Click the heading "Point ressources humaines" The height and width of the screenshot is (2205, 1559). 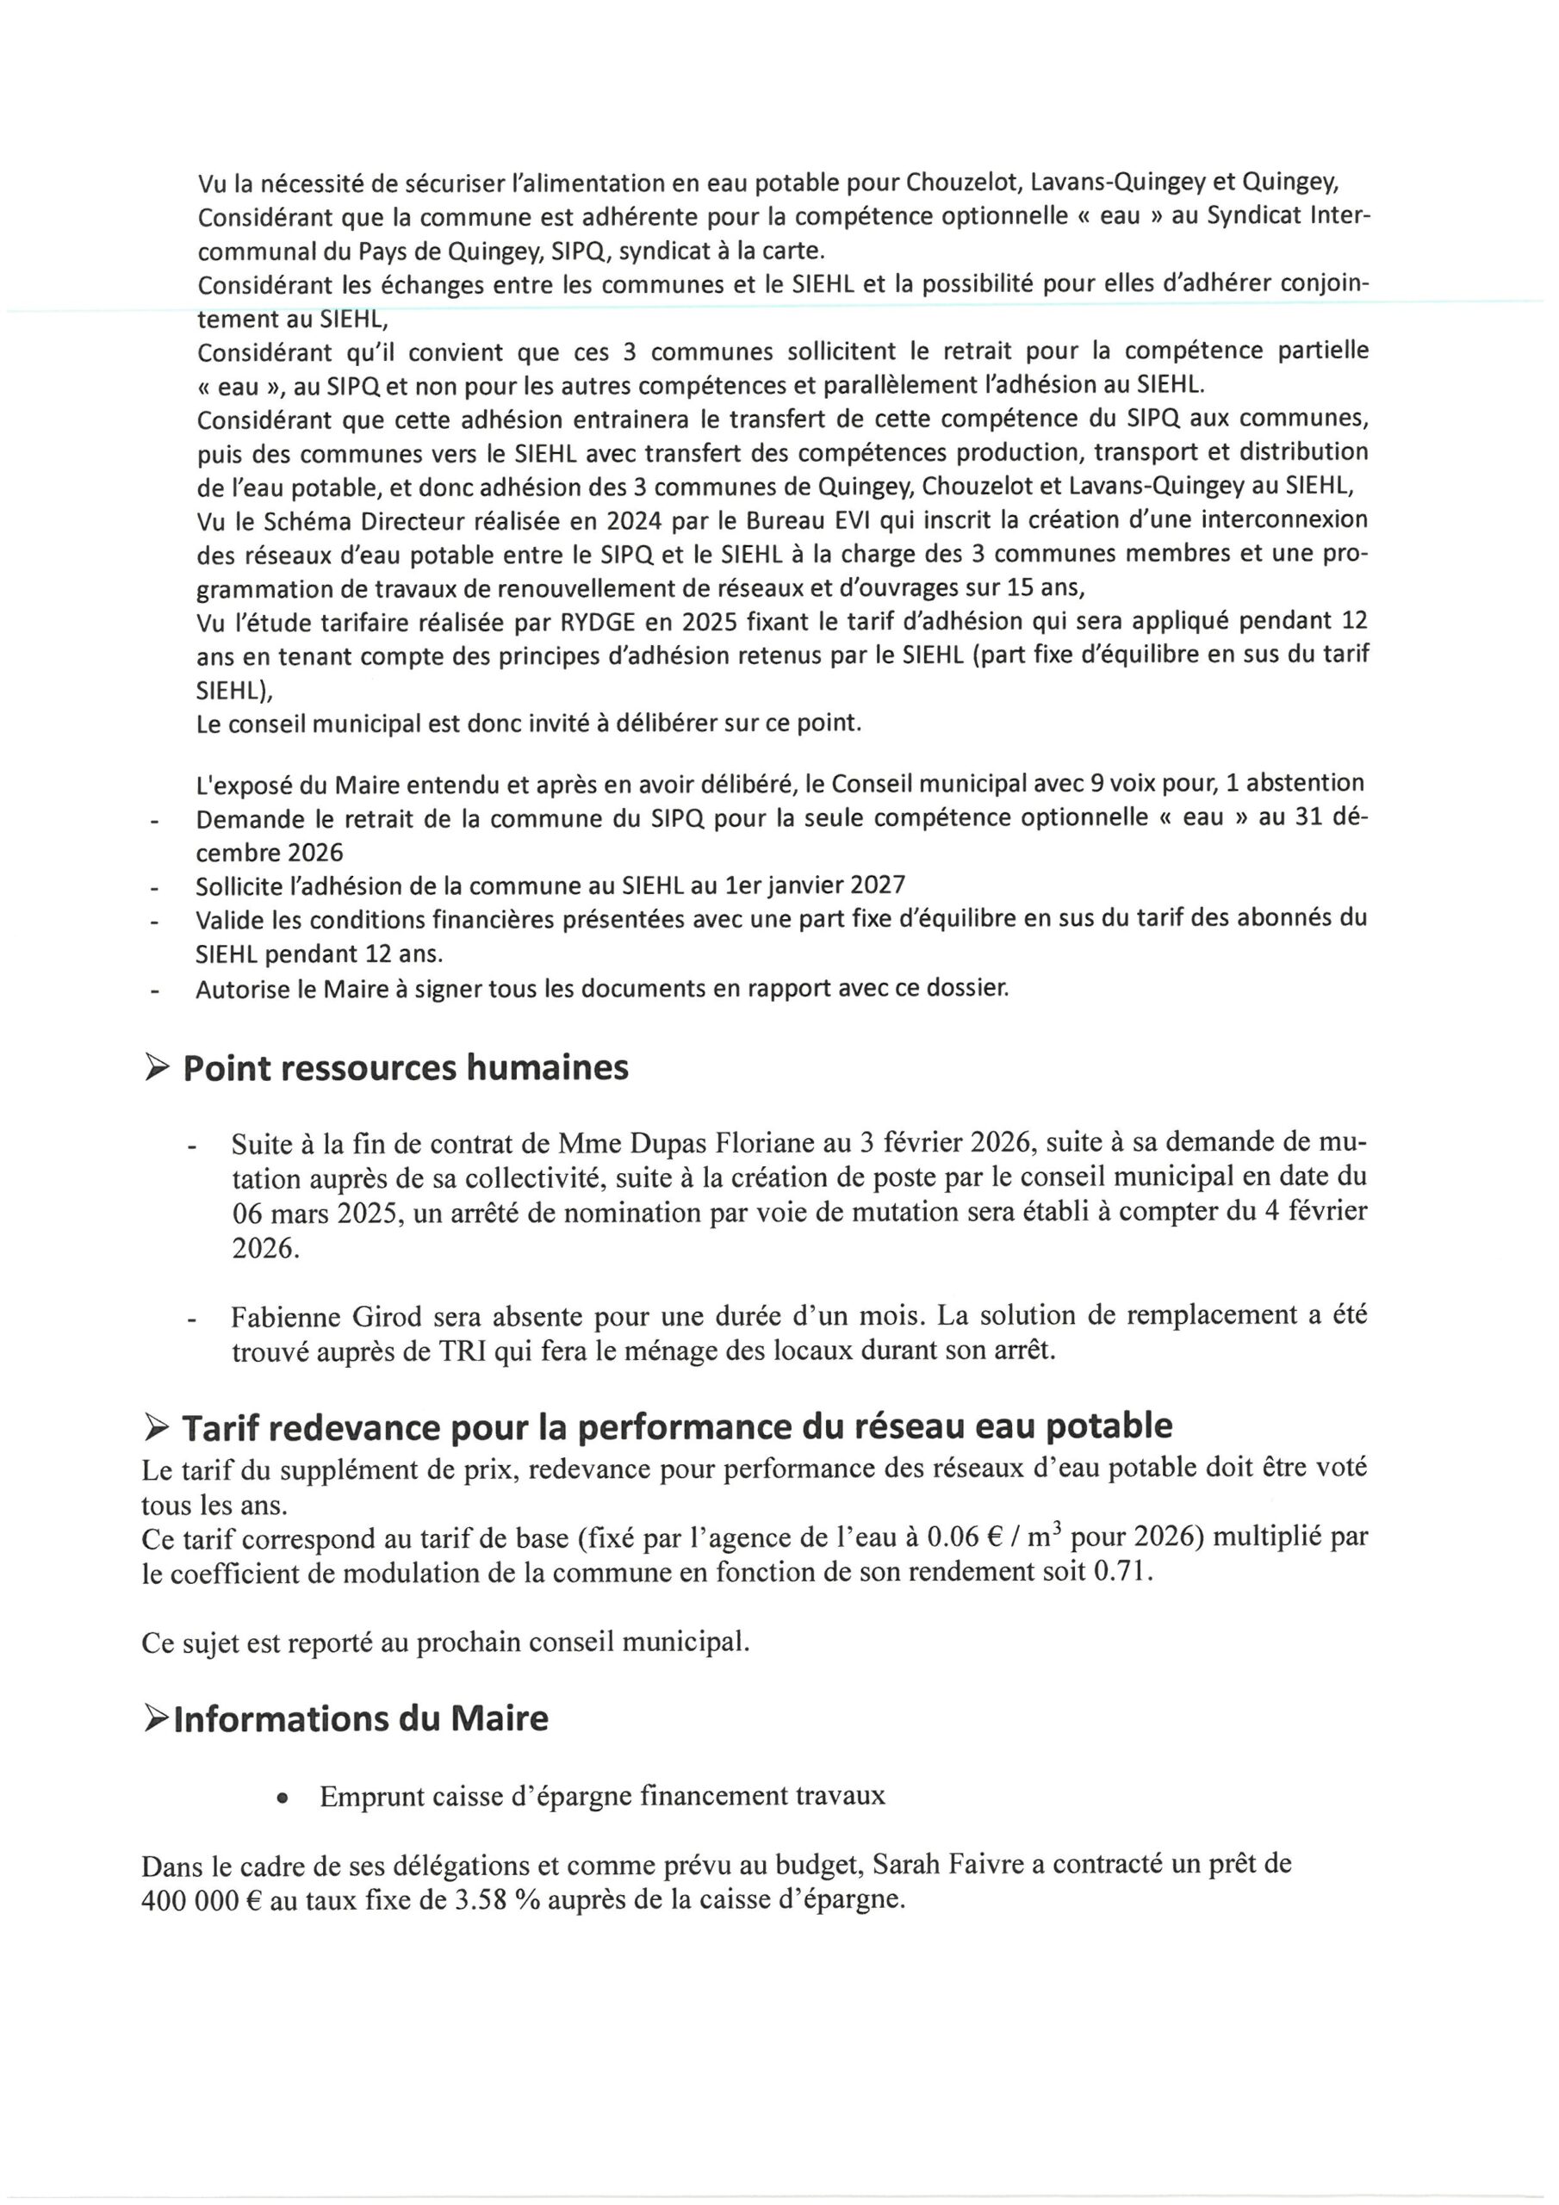point(406,1068)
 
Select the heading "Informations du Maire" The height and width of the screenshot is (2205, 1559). point(360,1718)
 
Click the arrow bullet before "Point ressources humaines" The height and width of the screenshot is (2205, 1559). point(157,1068)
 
